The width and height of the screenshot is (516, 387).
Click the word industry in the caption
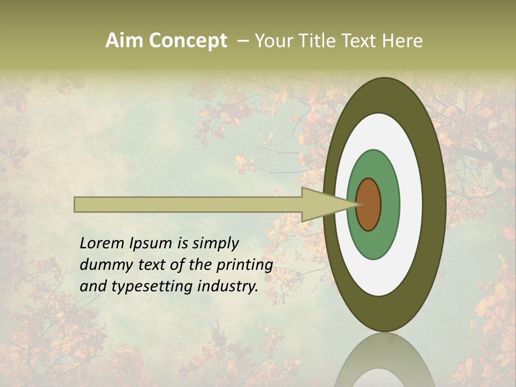[x=226, y=286]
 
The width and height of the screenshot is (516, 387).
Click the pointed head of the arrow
[x=322, y=204]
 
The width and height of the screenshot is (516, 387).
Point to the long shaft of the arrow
[x=188, y=204]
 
